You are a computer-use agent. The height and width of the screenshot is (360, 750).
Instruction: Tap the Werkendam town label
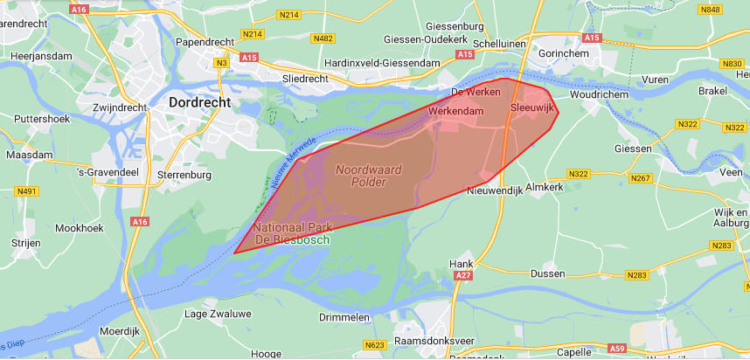[x=455, y=113]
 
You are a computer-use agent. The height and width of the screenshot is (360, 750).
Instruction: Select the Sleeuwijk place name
[x=532, y=107]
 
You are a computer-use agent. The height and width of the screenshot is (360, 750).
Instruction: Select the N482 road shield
[x=323, y=38]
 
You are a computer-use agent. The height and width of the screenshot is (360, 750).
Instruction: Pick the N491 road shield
[x=27, y=191]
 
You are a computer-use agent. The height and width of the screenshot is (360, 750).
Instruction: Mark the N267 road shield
[x=642, y=178]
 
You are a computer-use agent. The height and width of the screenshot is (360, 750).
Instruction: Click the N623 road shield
[x=374, y=345]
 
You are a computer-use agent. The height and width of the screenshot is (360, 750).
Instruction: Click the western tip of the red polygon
[x=234, y=253]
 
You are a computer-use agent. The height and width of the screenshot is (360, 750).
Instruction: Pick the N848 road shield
[x=711, y=10]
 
